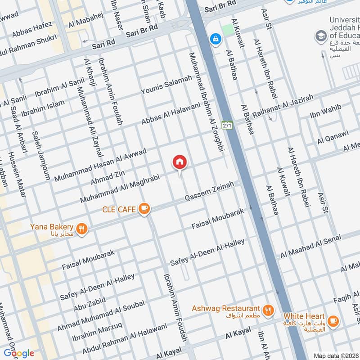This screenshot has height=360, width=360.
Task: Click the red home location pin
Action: coord(180,162)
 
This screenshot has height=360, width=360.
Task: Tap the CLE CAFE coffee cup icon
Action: coord(144,208)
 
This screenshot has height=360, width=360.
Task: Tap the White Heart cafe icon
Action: coord(333,320)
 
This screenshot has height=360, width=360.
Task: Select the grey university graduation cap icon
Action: coord(321,36)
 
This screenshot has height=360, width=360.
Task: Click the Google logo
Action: coord(19,353)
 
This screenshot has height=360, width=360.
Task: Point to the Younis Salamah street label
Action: coord(166,85)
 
